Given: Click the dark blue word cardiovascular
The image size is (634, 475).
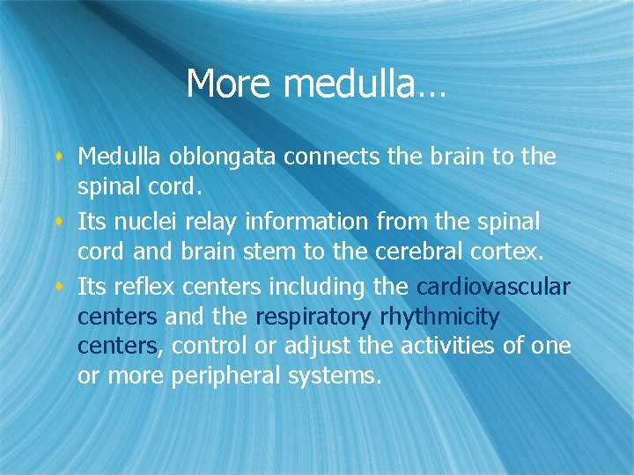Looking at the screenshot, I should coord(493,287).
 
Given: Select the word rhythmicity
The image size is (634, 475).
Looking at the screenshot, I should coord(440,317).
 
